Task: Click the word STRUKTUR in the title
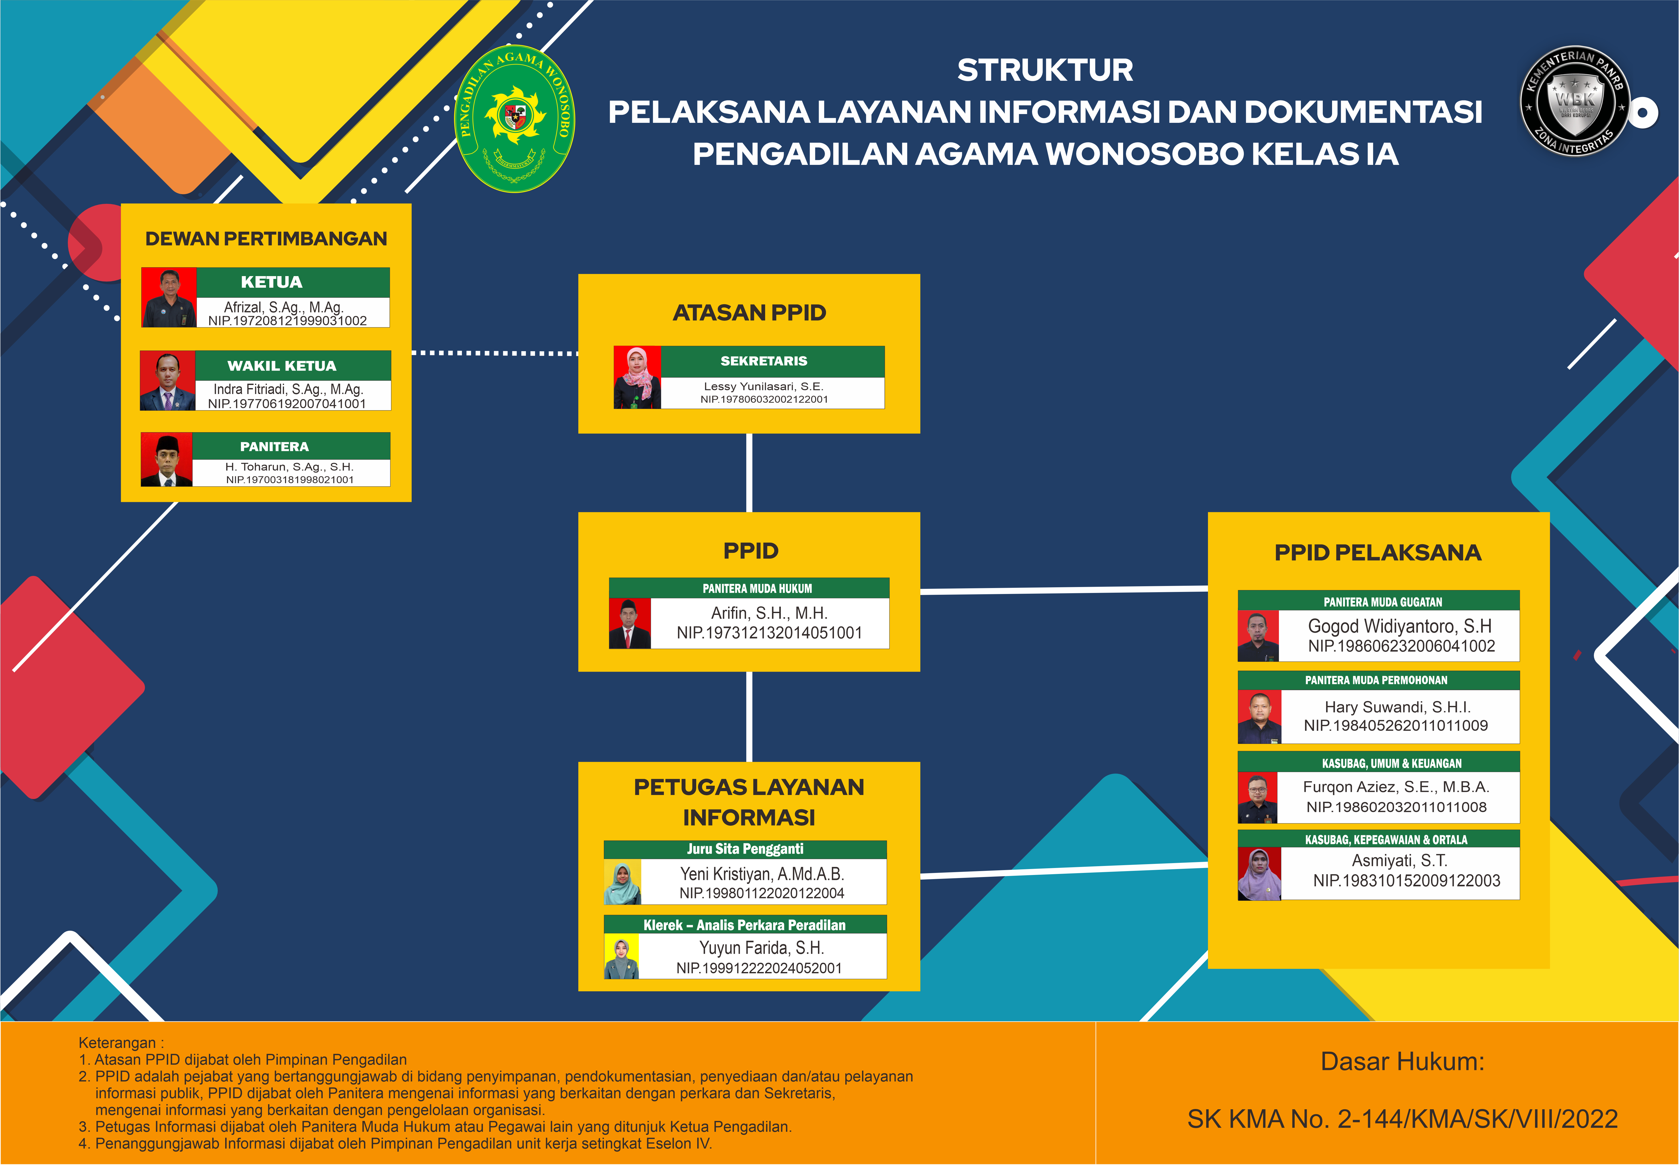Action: [x=1045, y=70]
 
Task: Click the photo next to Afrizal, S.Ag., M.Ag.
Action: [x=168, y=297]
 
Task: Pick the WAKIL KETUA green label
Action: [x=282, y=366]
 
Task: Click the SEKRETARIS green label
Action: [x=764, y=361]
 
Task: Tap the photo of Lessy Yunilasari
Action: [x=637, y=377]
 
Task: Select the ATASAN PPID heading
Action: [x=749, y=312]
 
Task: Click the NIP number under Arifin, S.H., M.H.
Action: [x=769, y=633]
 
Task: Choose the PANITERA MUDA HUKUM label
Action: [x=757, y=588]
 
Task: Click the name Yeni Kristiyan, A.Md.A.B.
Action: [x=762, y=874]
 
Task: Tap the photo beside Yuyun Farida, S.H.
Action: [x=622, y=957]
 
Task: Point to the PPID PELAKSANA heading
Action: [x=1378, y=553]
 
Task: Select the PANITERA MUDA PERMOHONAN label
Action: [x=1376, y=680]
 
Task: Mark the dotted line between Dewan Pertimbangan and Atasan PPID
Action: [x=495, y=353]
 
